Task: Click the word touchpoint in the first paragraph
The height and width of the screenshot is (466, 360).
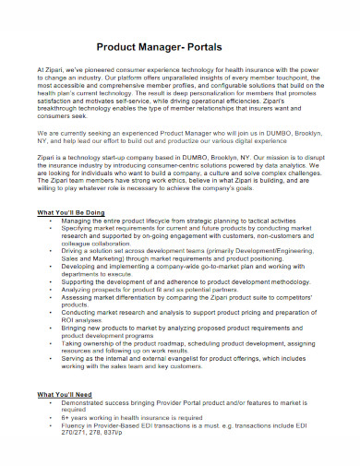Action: click(298, 78)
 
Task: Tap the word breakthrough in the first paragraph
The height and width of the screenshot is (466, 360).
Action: click(60, 108)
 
